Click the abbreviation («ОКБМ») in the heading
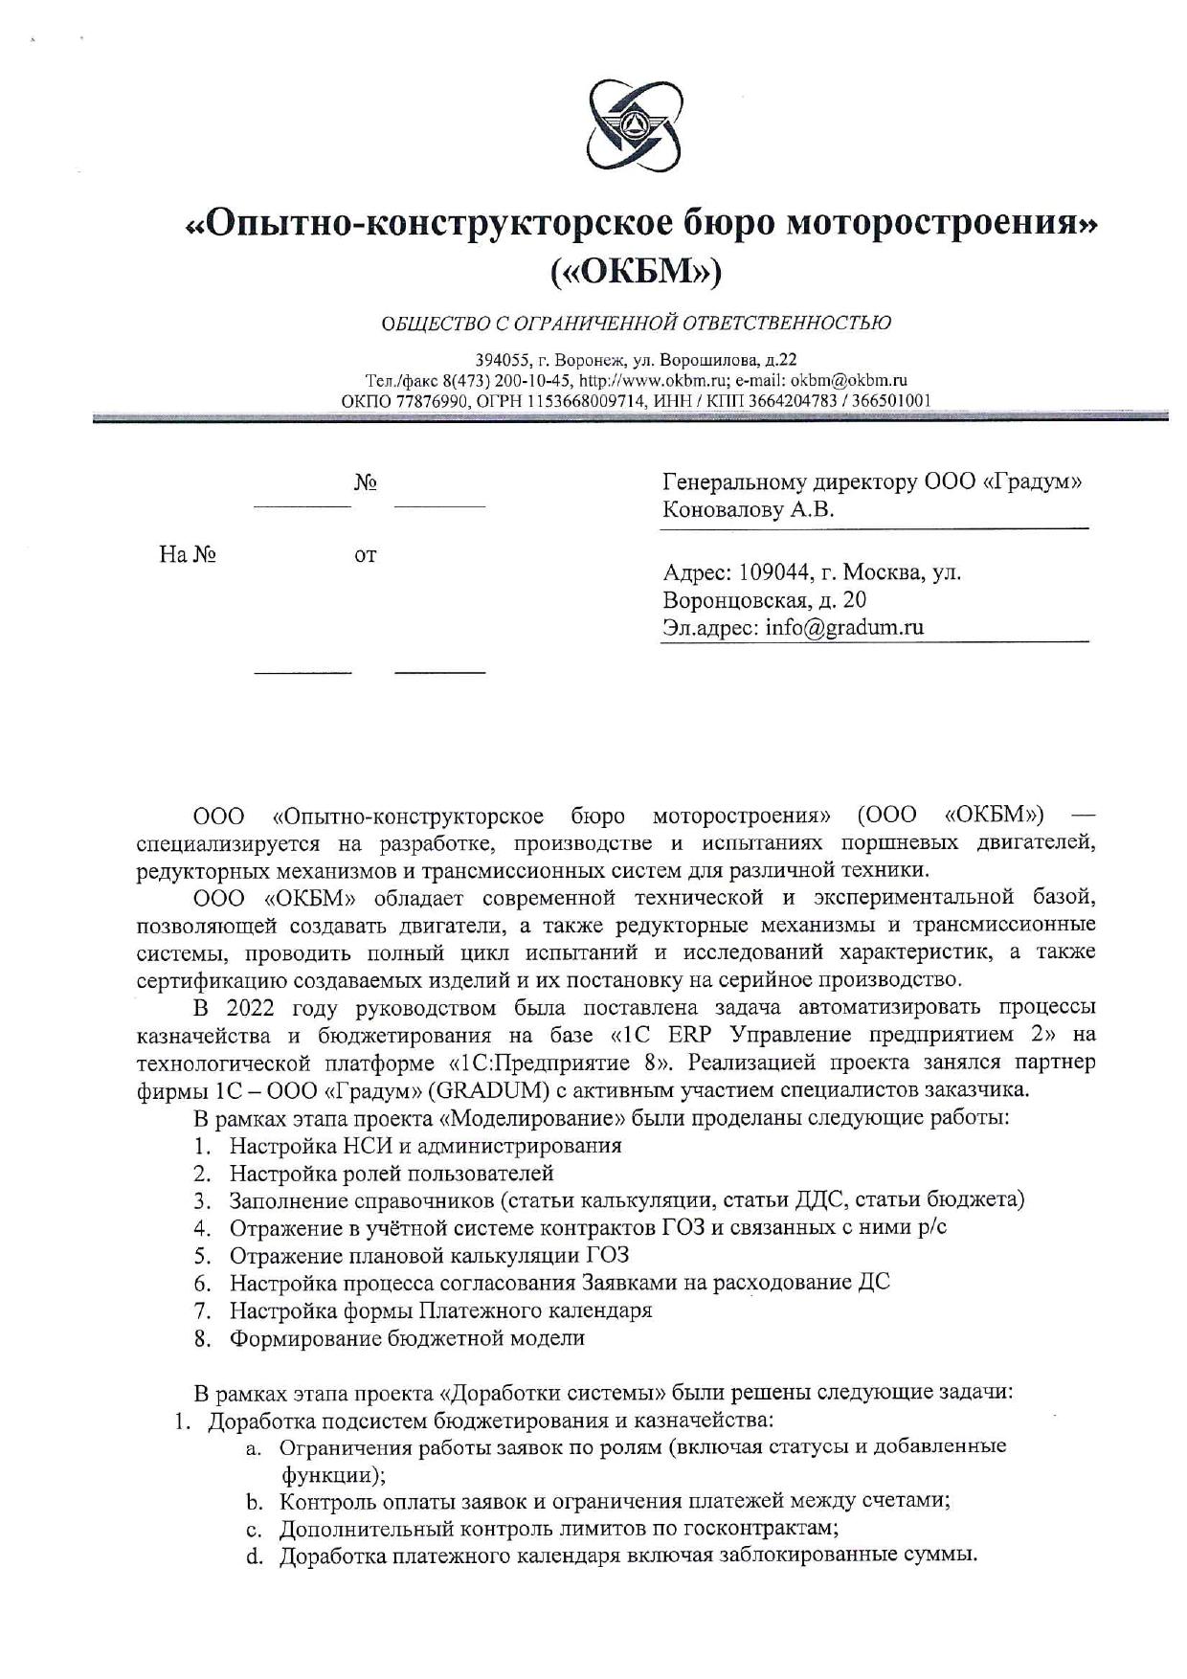click(636, 272)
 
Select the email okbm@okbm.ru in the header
click(848, 380)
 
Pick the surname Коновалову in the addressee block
click(723, 510)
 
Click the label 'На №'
click(188, 555)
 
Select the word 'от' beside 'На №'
click(365, 555)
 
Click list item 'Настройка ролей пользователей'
click(391, 1174)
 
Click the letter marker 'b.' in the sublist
click(255, 1501)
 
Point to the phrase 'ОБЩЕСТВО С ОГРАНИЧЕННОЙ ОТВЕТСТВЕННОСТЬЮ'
click(636, 323)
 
